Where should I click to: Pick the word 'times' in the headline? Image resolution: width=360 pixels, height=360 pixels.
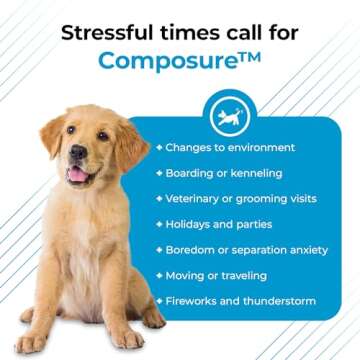tap(183, 30)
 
